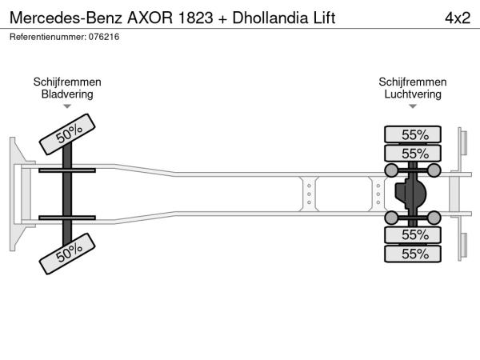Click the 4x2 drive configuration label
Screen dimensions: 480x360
click(458, 18)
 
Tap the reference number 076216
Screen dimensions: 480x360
click(104, 37)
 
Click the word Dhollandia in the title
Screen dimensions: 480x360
click(270, 18)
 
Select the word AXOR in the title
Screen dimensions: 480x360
click(150, 18)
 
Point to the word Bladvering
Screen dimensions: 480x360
click(67, 94)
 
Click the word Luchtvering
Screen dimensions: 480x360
click(413, 94)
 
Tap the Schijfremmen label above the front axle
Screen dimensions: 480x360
click(67, 82)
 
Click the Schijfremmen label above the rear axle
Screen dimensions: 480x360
click(413, 82)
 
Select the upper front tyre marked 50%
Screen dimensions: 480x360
click(67, 134)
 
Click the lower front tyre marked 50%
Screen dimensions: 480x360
click(67, 254)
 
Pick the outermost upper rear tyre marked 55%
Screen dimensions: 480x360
click(413, 134)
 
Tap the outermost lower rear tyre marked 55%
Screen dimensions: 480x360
click(413, 254)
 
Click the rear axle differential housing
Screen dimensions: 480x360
click(410, 194)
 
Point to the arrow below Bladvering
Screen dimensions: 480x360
click(67, 106)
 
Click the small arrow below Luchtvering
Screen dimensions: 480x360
click(413, 106)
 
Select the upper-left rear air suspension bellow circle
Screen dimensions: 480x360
click(391, 170)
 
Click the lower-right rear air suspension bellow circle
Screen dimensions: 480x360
click(434, 218)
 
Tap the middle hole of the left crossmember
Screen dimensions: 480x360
click(309, 194)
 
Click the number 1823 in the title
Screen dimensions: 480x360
click(195, 18)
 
